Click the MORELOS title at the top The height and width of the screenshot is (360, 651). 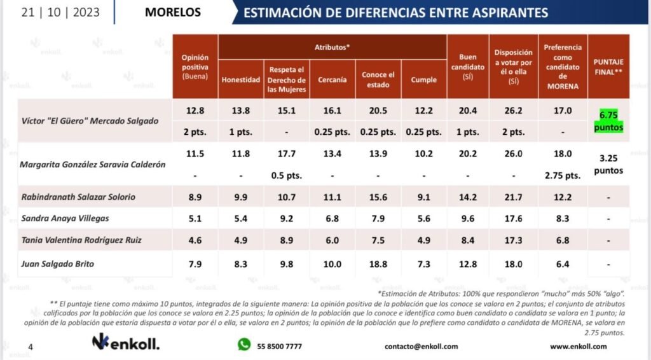(173, 12)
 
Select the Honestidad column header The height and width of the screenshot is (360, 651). (240, 80)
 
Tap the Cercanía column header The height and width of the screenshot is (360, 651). (332, 80)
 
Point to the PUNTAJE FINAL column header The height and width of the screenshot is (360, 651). (608, 67)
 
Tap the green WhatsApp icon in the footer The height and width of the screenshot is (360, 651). (244, 345)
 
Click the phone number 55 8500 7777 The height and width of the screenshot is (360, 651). (280, 347)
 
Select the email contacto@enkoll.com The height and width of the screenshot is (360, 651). (421, 347)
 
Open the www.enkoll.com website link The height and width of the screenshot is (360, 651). (578, 347)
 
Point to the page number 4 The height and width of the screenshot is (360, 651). (30, 347)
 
